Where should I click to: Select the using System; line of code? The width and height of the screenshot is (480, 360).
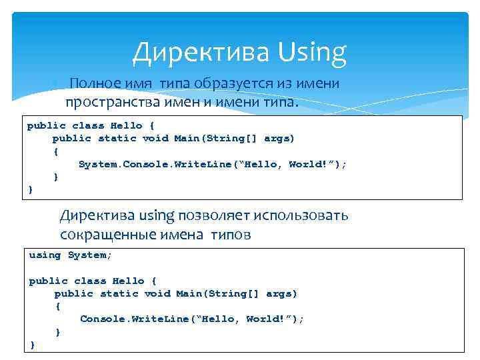click(x=71, y=255)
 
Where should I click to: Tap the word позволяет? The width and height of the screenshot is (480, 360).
click(x=208, y=216)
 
